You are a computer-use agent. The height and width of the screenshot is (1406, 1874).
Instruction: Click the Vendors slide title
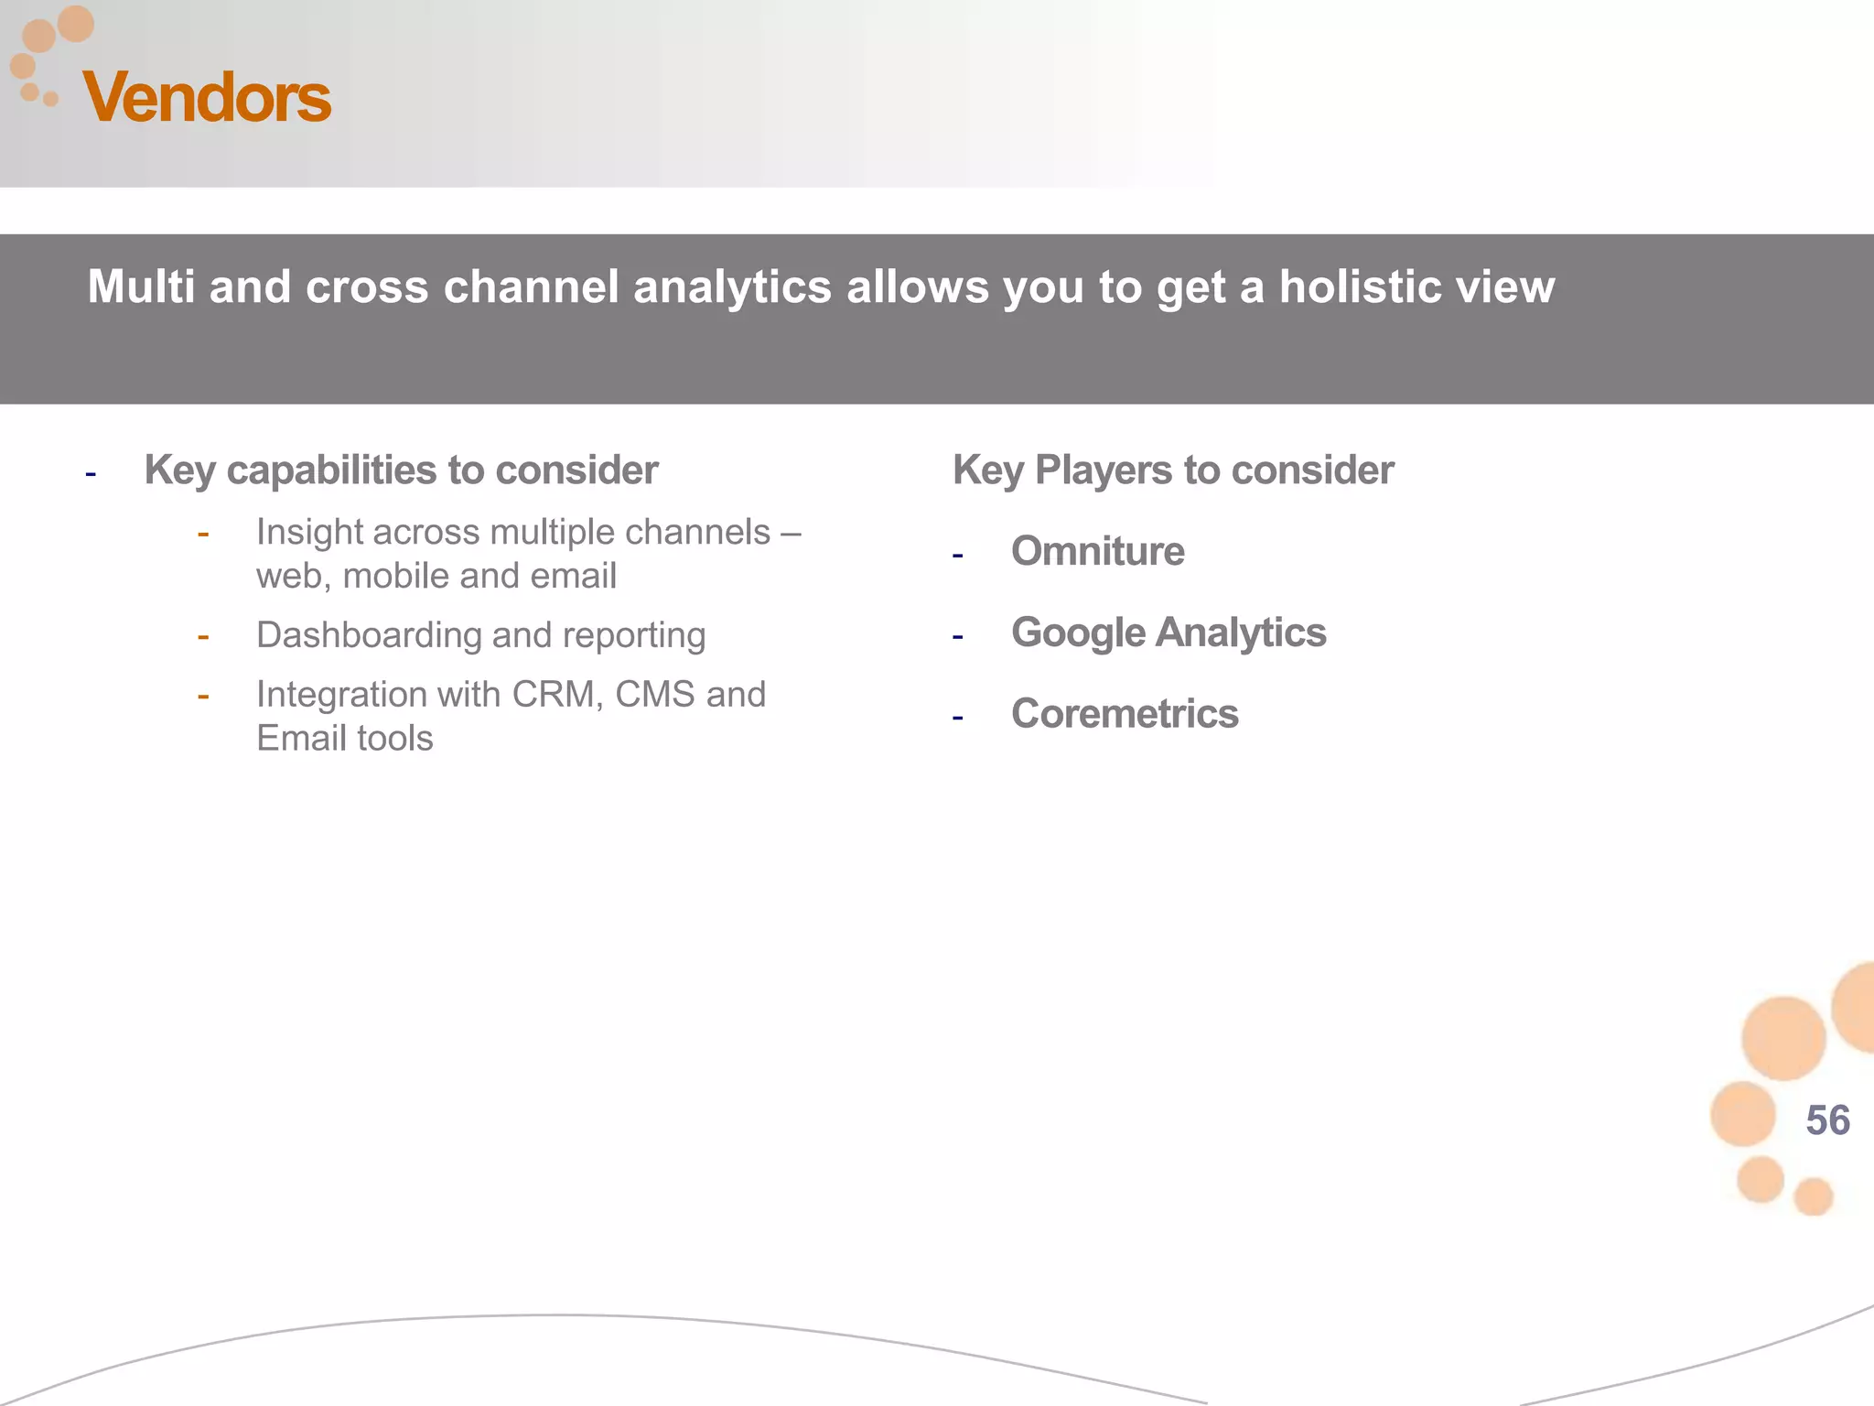click(207, 97)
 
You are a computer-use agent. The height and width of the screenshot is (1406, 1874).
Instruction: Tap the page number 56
click(1827, 1120)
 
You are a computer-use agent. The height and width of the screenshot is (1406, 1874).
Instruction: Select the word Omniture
click(1097, 551)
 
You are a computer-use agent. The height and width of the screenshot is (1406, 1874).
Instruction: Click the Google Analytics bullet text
click(1169, 633)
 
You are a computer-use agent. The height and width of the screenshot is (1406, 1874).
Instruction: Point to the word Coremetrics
click(1125, 714)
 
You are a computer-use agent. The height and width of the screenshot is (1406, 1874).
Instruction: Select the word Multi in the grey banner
click(141, 287)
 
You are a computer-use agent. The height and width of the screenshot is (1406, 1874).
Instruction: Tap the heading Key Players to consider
click(1173, 470)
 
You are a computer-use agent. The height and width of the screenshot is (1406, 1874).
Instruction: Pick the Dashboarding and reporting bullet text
click(480, 635)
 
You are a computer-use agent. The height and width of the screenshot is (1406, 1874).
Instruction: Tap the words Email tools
click(345, 739)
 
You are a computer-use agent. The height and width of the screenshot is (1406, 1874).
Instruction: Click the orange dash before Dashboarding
click(203, 636)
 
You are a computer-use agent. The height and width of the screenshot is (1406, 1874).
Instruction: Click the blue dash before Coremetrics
click(957, 718)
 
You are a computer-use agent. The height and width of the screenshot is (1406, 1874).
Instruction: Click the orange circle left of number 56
click(1742, 1114)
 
